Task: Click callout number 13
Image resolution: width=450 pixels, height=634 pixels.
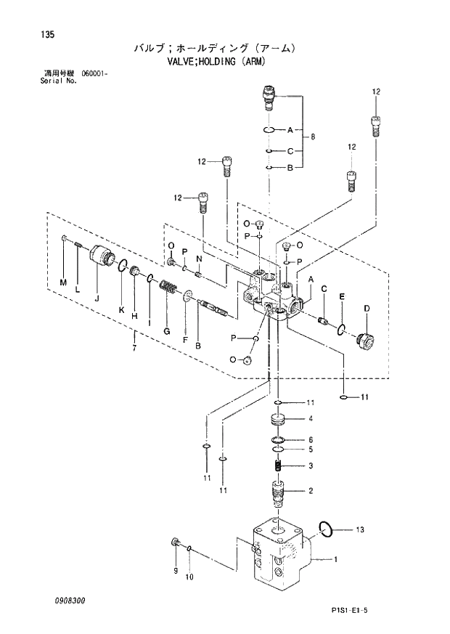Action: pyautogui.click(x=357, y=529)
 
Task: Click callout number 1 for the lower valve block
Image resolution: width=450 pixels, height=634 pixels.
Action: pyautogui.click(x=335, y=559)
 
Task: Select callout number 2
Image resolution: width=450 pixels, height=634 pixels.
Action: pyautogui.click(x=310, y=491)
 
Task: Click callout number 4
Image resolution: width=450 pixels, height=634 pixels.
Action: pyautogui.click(x=310, y=418)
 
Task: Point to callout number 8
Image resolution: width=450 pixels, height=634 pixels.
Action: pyautogui.click(x=313, y=137)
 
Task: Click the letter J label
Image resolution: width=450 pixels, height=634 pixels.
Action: pyautogui.click(x=97, y=296)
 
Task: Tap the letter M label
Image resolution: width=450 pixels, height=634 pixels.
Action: pyautogui.click(x=62, y=282)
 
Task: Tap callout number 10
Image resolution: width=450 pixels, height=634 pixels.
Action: pyautogui.click(x=190, y=578)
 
